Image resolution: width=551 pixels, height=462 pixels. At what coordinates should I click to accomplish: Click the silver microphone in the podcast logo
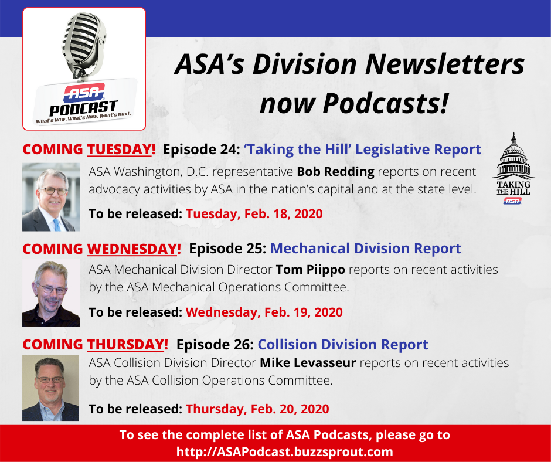[x=84, y=44]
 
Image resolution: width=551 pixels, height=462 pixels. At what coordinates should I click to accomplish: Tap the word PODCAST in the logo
[x=83, y=108]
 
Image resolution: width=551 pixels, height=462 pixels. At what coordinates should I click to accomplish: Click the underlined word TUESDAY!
[x=121, y=150]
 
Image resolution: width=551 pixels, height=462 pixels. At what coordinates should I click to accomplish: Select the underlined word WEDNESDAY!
[x=134, y=249]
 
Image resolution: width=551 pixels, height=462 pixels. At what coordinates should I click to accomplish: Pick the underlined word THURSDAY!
[x=128, y=345]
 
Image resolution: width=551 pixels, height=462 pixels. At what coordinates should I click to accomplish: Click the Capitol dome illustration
[x=513, y=156]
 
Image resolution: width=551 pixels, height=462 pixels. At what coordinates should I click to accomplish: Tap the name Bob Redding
[x=336, y=172]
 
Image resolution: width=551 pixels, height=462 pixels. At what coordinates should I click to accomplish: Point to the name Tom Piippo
[x=311, y=270]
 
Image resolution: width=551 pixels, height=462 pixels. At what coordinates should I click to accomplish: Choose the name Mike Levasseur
[x=308, y=362]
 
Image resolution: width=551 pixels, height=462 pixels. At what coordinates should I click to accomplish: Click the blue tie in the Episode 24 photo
[x=57, y=225]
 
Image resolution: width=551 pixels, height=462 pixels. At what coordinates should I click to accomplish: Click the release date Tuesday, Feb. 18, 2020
[x=254, y=214]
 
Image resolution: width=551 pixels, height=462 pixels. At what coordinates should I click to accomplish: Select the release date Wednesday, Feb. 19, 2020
[x=264, y=312]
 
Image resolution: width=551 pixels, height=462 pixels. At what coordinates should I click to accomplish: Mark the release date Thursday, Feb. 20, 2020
[x=257, y=409]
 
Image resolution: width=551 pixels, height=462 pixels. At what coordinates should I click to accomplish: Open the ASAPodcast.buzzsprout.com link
[x=285, y=451]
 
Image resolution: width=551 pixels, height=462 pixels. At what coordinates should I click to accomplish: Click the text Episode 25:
[x=227, y=249]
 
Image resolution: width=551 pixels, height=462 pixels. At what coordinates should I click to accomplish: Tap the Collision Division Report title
[x=343, y=345]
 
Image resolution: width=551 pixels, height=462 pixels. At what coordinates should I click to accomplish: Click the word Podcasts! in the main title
[x=386, y=103]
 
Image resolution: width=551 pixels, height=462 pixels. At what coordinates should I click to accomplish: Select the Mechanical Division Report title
[x=365, y=249]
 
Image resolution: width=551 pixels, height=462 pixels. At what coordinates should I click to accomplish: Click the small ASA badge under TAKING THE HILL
[x=512, y=201]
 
